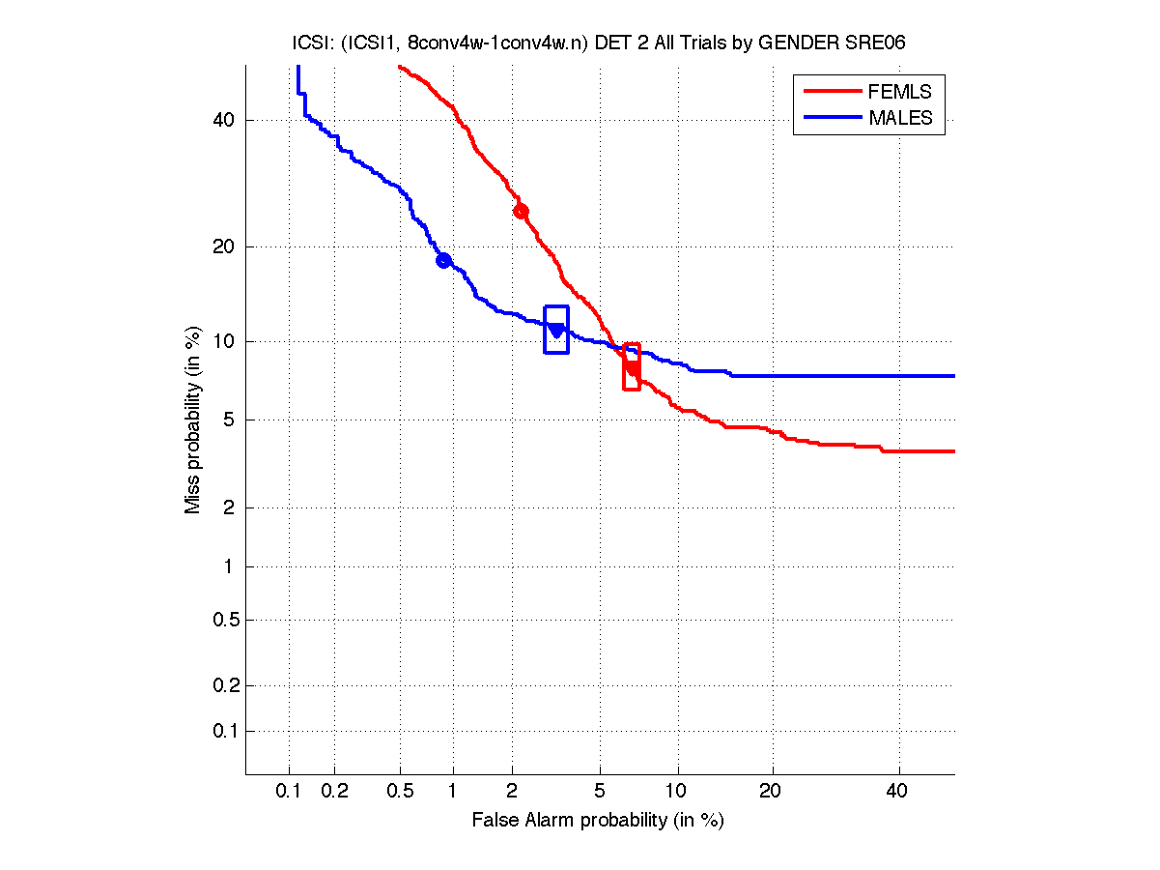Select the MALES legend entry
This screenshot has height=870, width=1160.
(x=900, y=118)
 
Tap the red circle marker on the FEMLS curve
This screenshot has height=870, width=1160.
(x=521, y=211)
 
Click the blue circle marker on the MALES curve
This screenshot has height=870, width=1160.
(x=443, y=260)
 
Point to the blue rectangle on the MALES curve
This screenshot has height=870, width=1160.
(x=556, y=330)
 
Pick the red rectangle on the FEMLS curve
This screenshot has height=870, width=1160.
(x=632, y=366)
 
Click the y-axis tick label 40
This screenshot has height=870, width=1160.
(x=224, y=121)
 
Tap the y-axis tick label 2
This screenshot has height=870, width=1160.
(x=228, y=507)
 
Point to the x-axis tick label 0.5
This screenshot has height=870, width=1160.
(x=400, y=792)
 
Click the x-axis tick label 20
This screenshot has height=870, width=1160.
(x=770, y=792)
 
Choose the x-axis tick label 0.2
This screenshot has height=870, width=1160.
(x=334, y=792)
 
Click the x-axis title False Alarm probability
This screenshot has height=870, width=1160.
(x=598, y=821)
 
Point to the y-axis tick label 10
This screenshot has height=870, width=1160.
(x=224, y=341)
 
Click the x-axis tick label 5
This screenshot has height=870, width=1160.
(x=600, y=792)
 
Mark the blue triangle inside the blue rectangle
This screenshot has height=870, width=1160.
(x=556, y=331)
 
